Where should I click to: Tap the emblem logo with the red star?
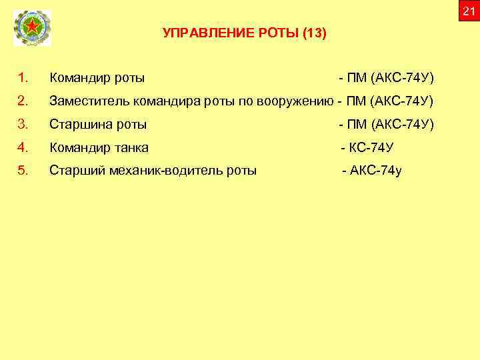(x=31, y=29)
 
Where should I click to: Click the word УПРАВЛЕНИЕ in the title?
(x=196, y=33)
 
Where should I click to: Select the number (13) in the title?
(x=314, y=33)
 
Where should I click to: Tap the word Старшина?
(x=79, y=125)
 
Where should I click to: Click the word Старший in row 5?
(x=73, y=170)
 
